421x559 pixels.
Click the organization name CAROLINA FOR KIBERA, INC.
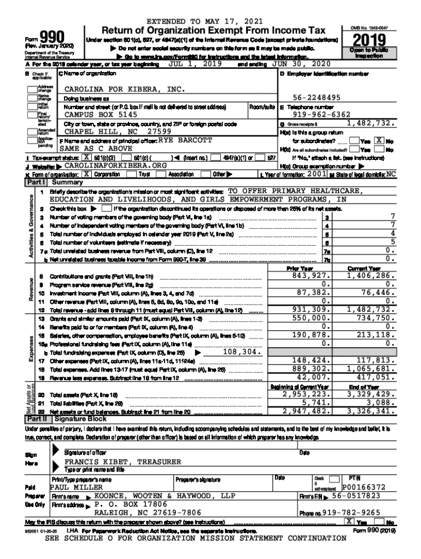[x=122, y=88]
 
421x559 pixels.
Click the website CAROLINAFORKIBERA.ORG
[x=115, y=165]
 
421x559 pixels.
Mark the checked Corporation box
[x=86, y=174]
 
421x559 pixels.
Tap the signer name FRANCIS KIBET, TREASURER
[x=122, y=462]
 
